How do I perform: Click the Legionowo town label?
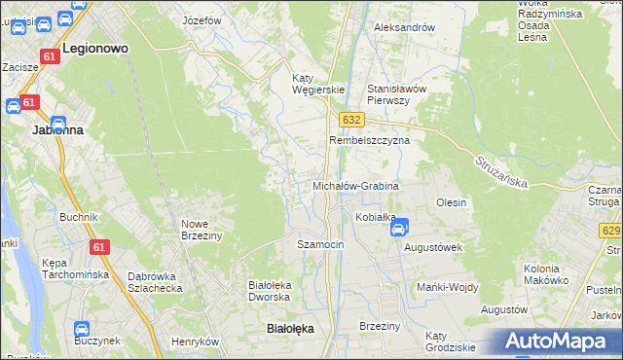95,47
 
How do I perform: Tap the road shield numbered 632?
351,119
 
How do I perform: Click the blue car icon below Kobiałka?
398,229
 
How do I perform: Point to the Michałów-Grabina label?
355,185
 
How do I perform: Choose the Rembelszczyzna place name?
369,140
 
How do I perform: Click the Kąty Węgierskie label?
319,84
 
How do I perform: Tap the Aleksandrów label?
404,27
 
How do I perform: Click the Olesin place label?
452,202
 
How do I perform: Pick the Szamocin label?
320,244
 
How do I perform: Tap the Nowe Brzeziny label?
202,229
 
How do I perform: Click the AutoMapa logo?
554,342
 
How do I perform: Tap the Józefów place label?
202,19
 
